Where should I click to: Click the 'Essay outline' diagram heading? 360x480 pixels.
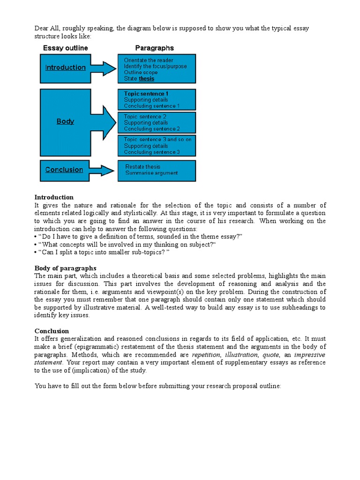coord(65,48)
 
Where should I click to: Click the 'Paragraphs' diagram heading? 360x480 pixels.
coord(154,48)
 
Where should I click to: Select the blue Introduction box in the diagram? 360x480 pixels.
coord(66,67)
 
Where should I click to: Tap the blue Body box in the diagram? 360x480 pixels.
coord(66,122)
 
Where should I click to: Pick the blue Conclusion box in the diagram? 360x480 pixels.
coord(64,170)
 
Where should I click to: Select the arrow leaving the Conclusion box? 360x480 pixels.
coord(103,170)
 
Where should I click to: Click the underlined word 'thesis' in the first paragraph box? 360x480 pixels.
coord(146,79)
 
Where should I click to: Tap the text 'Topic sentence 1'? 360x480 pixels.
coord(146,94)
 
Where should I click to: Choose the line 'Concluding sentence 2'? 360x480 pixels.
coord(152,129)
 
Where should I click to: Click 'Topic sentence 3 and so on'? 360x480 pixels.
coord(157,140)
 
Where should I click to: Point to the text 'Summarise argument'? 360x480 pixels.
coord(151,173)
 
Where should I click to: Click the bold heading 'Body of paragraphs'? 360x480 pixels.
coord(65,268)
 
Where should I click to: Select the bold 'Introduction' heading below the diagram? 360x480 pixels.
coord(54,197)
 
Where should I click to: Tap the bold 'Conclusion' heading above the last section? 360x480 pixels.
coord(52,331)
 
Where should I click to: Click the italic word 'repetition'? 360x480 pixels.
coord(206,355)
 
